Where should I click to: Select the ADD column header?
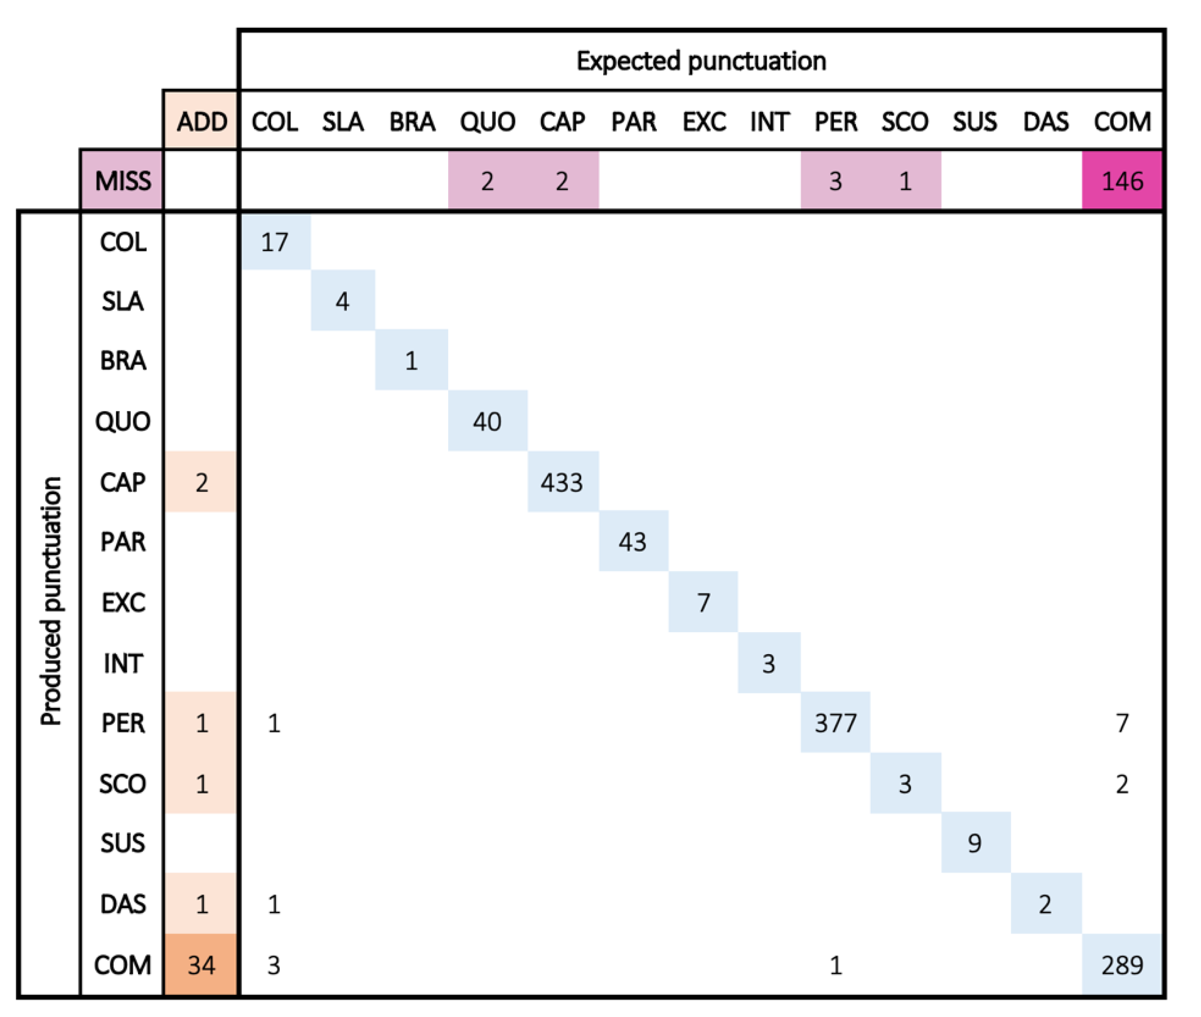[x=201, y=122]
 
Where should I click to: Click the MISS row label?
[x=122, y=181]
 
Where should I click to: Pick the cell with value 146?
[x=1121, y=181]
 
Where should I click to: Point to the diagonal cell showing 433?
[x=562, y=482]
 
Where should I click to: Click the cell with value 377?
[x=835, y=722]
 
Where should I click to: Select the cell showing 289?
[x=1121, y=965]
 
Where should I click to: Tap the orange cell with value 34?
[x=201, y=965]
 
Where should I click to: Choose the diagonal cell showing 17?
[x=274, y=242]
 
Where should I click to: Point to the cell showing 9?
[x=974, y=843]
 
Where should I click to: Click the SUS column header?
[x=974, y=122]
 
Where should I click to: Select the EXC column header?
[x=704, y=122]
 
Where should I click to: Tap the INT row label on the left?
[x=122, y=663]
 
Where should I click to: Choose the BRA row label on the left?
[x=122, y=360]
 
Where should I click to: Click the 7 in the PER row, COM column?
[x=1121, y=722]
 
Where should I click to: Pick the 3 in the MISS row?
[x=835, y=181]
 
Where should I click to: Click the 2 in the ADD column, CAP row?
[x=201, y=482]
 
